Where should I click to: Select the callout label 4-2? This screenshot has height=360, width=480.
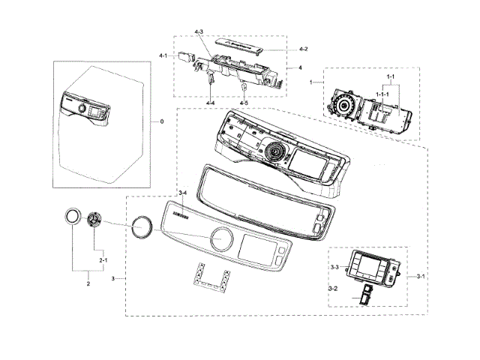pyautogui.click(x=303, y=49)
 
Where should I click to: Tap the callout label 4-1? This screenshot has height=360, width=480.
pyautogui.click(x=163, y=55)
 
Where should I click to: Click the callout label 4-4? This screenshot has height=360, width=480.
pyautogui.click(x=211, y=102)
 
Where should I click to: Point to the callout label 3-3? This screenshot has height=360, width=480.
pyautogui.click(x=334, y=267)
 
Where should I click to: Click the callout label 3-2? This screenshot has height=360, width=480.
pyautogui.click(x=334, y=288)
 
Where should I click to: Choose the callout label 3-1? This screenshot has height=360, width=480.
pyautogui.click(x=421, y=276)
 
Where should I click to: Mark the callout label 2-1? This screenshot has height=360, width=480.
pyautogui.click(x=103, y=259)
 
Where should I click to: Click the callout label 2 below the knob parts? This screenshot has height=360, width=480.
pyautogui.click(x=88, y=283)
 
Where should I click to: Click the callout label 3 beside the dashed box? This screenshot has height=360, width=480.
pyautogui.click(x=113, y=278)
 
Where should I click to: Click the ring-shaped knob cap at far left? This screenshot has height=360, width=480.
pyautogui.click(x=71, y=216)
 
